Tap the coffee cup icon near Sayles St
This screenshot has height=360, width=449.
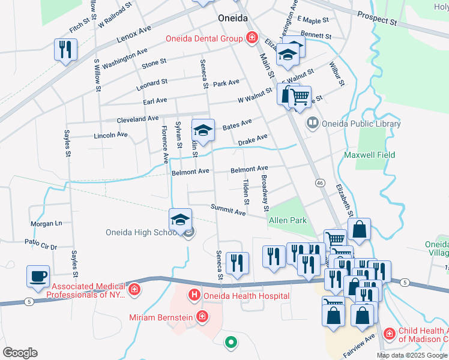38,277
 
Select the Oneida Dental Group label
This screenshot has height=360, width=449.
205,38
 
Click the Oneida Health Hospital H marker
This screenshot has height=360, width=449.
194,295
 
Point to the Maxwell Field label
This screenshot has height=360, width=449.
369,155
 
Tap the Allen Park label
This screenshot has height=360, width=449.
288,221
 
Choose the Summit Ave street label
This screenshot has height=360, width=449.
228,210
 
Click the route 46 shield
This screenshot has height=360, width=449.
319,182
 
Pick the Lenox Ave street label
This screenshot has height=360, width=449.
134,38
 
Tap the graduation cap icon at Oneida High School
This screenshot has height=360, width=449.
179,220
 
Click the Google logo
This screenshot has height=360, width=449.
20,353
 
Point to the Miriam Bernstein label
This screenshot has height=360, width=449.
162,316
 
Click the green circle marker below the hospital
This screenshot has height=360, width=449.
230,343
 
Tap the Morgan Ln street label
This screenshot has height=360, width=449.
47,223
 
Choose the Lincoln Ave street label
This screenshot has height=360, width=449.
111,136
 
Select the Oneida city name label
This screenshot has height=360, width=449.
232,18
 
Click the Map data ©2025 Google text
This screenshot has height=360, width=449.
412,355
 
